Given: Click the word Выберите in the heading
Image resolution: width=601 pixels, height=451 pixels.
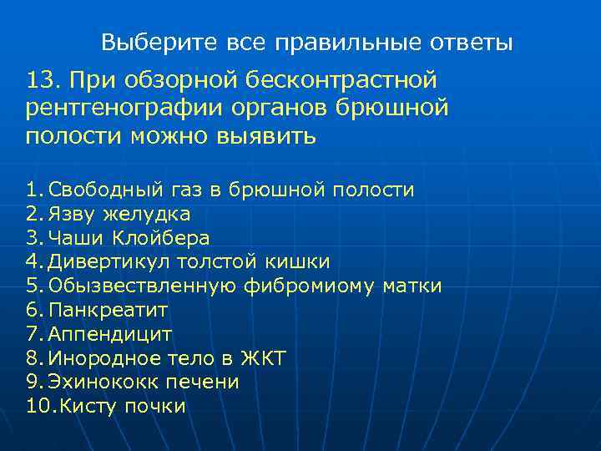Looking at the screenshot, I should [x=142, y=41].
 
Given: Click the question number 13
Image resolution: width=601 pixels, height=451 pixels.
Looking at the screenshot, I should [x=43, y=80].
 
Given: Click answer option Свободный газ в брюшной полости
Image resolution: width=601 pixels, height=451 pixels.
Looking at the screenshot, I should [x=230, y=190].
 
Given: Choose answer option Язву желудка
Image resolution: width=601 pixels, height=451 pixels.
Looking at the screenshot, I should [x=119, y=214].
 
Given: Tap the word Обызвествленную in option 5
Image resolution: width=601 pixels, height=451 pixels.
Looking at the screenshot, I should [x=143, y=286].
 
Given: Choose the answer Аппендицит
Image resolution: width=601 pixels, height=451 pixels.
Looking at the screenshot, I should [x=110, y=335].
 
